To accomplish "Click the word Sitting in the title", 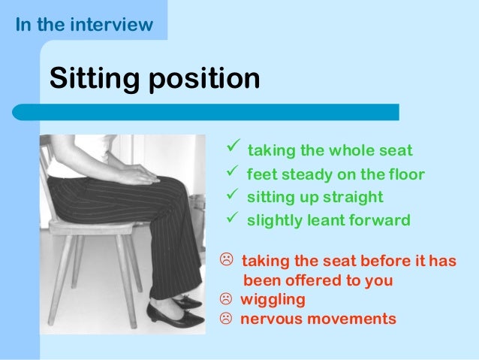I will pyautogui.click(x=93, y=77).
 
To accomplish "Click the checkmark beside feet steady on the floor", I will pyautogui.click(x=232, y=174).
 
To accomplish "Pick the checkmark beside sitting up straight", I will pyautogui.click(x=232, y=196).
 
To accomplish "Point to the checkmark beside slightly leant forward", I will pyautogui.click(x=232, y=219).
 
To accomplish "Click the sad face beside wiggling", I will pyautogui.click(x=224, y=300).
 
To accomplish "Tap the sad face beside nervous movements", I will pyautogui.click(x=224, y=319).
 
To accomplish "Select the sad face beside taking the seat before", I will pyautogui.click(x=224, y=262).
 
